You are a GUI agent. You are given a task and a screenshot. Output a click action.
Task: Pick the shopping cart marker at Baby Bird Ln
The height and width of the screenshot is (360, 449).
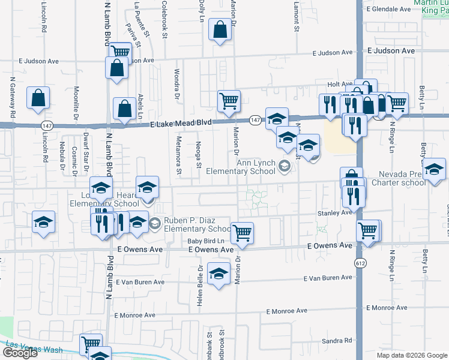click(242, 232)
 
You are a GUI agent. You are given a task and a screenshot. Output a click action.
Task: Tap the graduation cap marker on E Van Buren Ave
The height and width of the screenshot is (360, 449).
click(219, 274)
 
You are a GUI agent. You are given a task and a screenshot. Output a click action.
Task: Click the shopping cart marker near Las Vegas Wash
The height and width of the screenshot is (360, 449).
click(91, 344)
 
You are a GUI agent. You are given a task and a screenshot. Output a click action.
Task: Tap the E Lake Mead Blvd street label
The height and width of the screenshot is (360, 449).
click(181, 122)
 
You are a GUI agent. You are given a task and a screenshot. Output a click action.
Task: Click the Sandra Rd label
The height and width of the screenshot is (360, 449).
click(336, 341)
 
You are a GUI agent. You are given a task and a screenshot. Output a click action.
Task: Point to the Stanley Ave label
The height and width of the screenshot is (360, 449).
click(334, 212)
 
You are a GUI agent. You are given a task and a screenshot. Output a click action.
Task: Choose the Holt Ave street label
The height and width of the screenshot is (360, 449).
click(340, 85)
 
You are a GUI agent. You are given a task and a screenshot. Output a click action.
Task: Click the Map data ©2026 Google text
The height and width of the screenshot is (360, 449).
click(411, 355)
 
